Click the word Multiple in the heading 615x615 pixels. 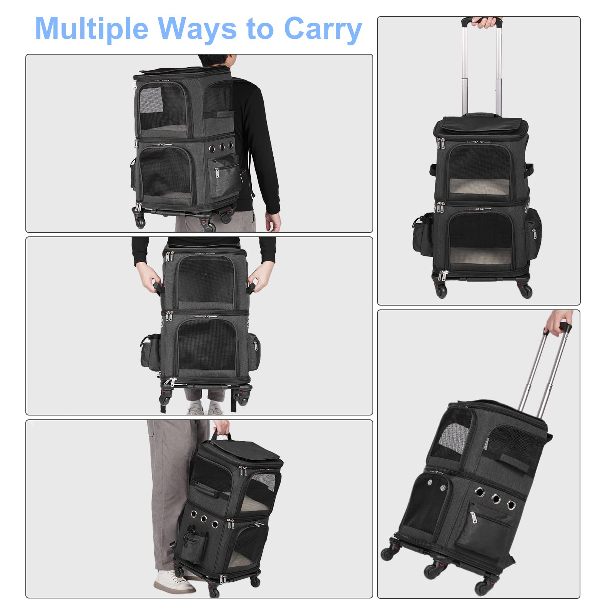pos(91,29)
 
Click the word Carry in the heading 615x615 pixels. pos(323,29)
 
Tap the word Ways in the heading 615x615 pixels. pos(197,29)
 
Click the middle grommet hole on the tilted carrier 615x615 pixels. pos(496,499)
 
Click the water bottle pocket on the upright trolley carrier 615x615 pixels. pos(423,234)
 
